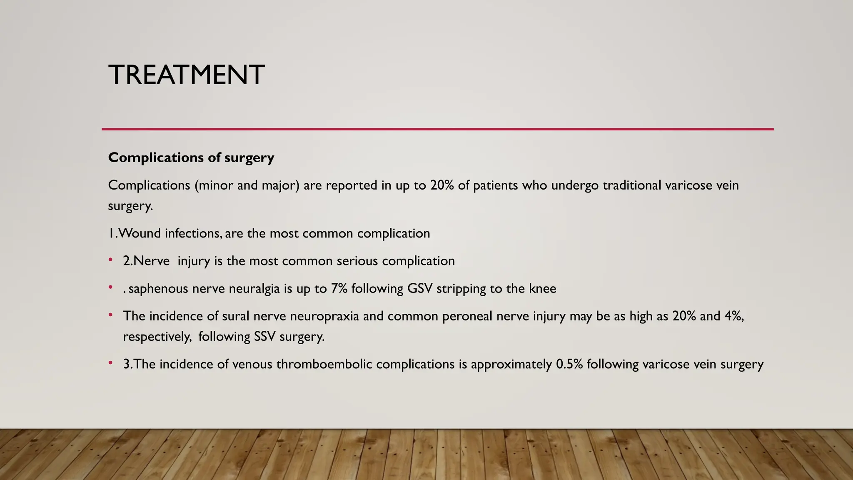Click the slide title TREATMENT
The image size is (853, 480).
coord(186,75)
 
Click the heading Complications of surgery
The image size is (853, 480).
coord(191,157)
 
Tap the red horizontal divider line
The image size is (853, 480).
coord(437,129)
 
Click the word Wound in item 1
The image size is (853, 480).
coord(140,233)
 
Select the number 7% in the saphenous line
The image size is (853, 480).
coord(339,288)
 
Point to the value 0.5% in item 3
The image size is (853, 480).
coord(569,364)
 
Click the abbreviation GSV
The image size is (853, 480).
coord(420,288)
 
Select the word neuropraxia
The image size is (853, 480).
coord(324,316)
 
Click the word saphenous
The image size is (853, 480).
coord(158,288)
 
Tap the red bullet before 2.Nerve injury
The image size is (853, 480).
coord(110,260)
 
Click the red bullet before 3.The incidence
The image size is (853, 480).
coord(110,363)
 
